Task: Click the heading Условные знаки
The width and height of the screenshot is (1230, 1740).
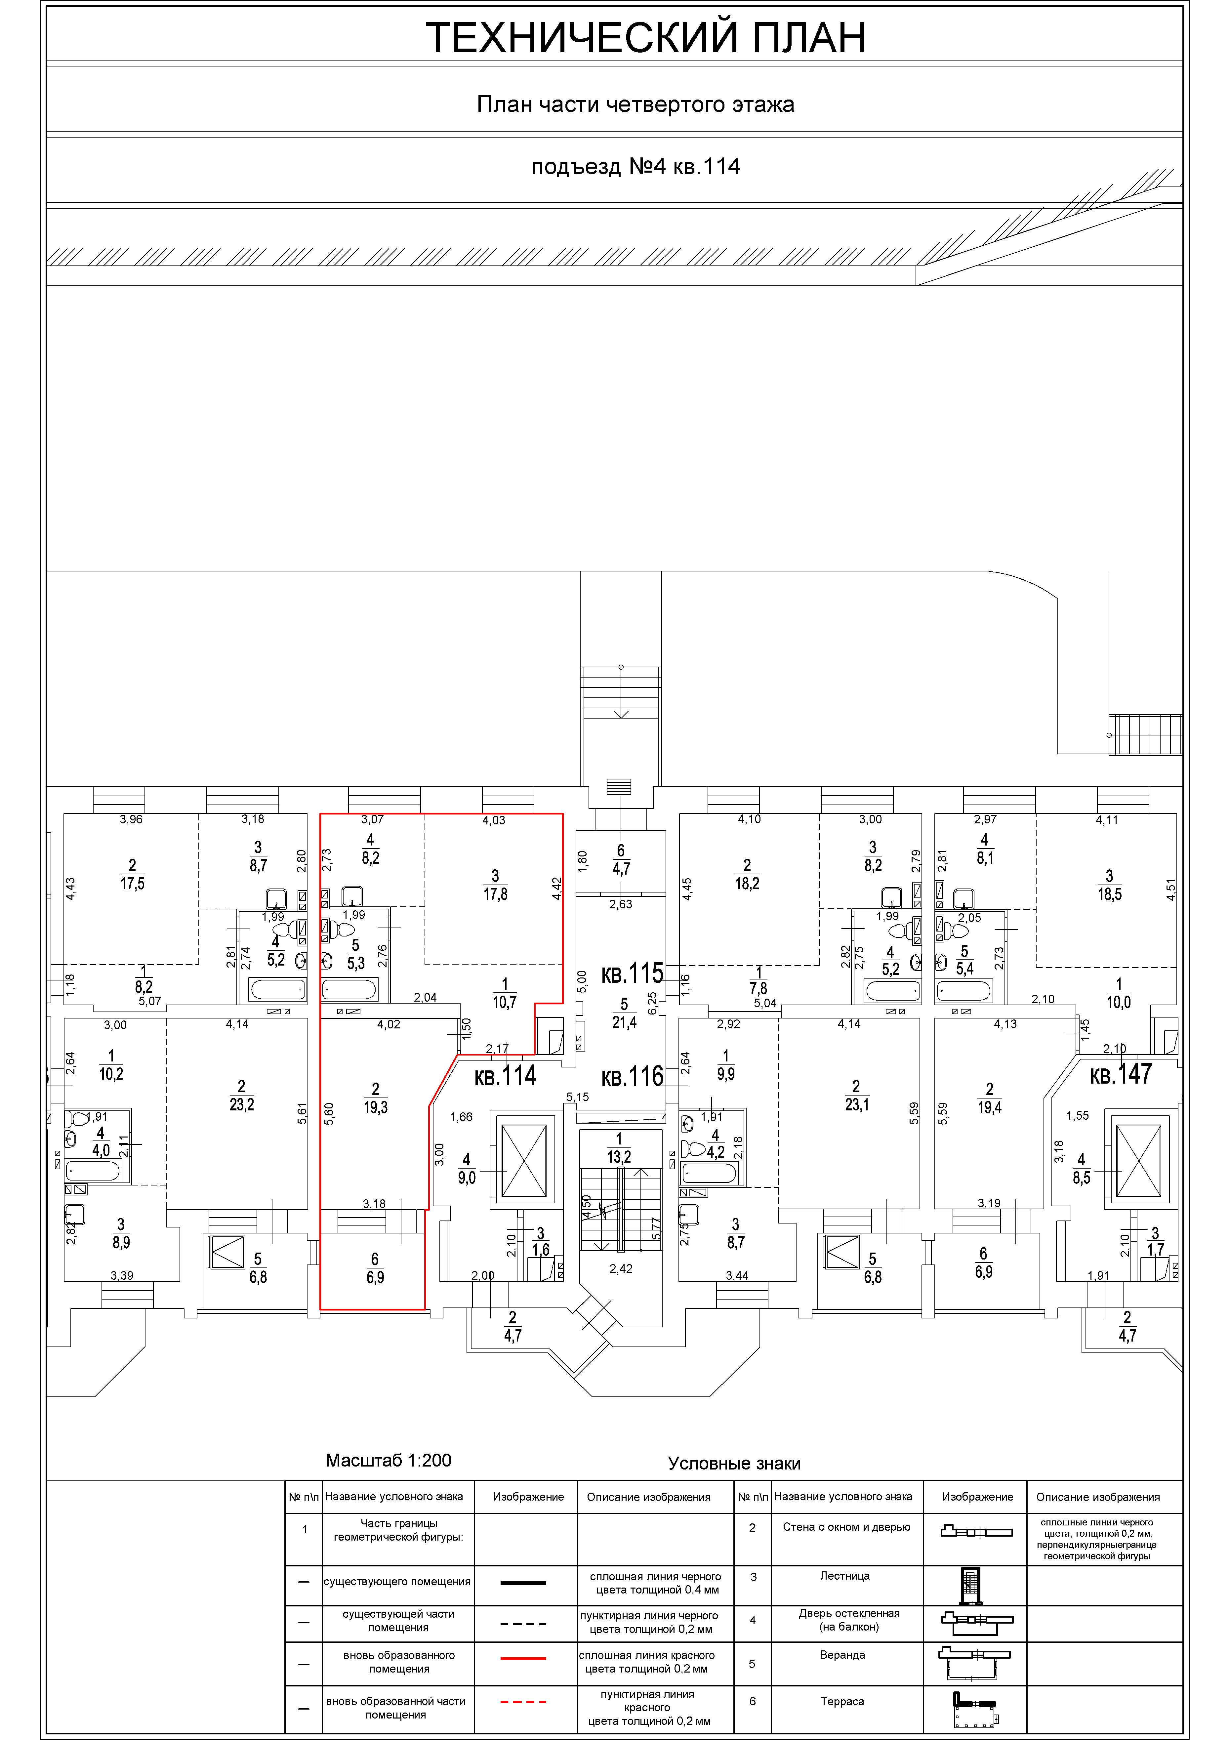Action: (734, 1463)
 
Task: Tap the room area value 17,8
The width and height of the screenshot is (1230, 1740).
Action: (496, 894)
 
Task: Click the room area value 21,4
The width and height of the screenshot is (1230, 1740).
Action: (625, 1022)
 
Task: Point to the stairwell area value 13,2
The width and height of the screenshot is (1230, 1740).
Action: (619, 1156)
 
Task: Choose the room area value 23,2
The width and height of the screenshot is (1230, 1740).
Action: (242, 1105)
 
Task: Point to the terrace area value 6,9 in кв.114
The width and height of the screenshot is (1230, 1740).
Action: (375, 1278)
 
